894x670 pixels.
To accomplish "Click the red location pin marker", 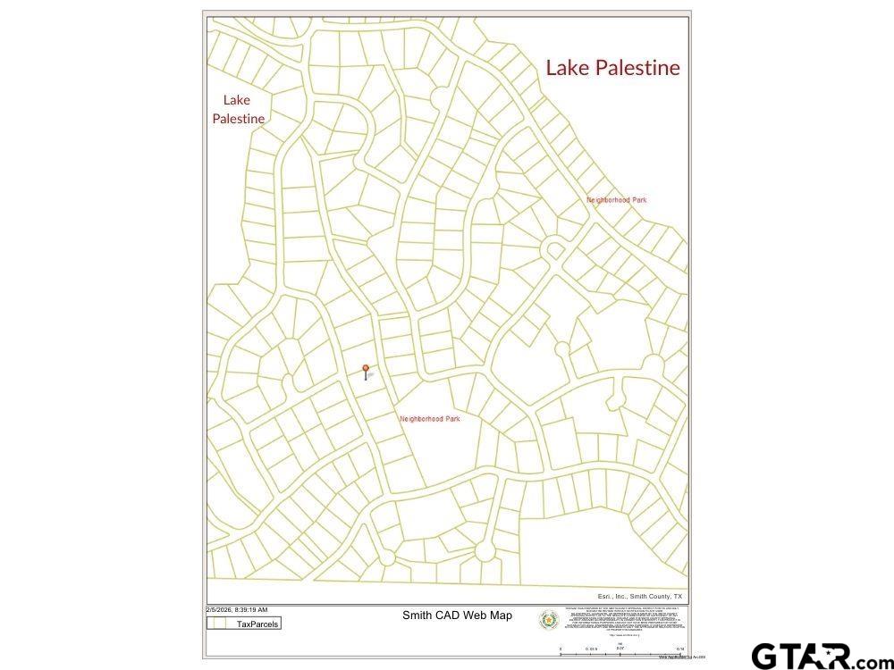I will (365, 370).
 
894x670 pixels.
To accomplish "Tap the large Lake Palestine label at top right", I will (612, 68).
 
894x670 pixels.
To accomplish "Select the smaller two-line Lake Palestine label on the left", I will (238, 109).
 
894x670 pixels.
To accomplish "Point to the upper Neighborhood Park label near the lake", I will (616, 200).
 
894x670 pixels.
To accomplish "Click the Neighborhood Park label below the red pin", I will (429, 418).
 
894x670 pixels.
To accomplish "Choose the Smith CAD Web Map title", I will (457, 616).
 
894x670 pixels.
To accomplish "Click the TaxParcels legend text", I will (257, 624).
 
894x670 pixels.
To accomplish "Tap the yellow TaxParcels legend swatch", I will (215, 624).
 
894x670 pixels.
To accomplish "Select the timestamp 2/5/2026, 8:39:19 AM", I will (236, 609).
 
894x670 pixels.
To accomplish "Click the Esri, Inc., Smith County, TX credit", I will (639, 596).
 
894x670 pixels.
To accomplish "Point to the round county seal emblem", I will (548, 619).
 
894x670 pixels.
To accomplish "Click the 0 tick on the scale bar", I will (561, 649).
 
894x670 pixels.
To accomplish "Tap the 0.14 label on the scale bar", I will (679, 649).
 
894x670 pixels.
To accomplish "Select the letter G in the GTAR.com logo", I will (767, 657).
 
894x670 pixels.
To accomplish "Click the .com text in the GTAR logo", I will (866, 662).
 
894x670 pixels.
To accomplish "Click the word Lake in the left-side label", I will (237, 100).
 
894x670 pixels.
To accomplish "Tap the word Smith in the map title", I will (417, 616).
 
